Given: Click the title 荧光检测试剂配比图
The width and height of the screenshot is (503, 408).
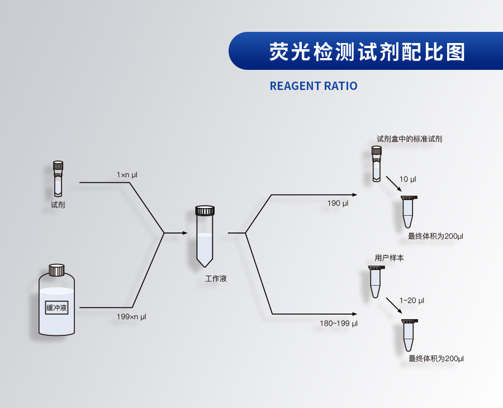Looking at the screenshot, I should coord(367,51).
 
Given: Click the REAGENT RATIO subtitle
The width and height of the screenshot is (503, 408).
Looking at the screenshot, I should coord(313,86).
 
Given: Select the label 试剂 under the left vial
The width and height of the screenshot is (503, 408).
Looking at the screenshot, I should coord(58,205).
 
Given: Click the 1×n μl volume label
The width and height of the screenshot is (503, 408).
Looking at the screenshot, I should coord(127,175).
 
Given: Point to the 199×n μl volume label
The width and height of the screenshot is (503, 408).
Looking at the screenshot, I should coord(131,317).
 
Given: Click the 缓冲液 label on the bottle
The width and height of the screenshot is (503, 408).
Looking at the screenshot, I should coord(56,307).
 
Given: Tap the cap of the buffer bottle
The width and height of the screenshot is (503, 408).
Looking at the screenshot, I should coord(56,270).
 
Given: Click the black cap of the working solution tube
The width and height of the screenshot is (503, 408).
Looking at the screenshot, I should coord(205,211).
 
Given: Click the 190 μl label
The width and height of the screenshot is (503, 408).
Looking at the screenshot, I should coord(338,203).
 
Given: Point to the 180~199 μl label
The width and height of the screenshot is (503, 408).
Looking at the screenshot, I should coord(339,324).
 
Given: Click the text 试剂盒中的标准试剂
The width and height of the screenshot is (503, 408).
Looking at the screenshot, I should coord(410,139).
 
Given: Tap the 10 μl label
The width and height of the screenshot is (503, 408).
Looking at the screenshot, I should coord(407,179).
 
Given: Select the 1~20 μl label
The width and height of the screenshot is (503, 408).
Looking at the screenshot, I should coord(412,301).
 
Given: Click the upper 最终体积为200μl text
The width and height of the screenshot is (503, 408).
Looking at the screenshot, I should coord(435,236).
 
